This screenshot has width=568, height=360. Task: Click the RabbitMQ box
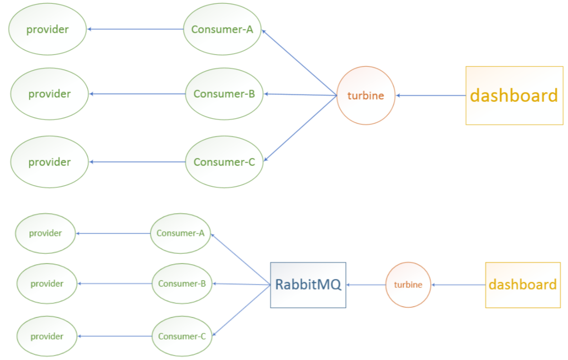[308, 285]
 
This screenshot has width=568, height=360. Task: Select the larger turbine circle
[366, 95]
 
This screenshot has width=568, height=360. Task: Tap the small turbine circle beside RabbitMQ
[408, 285]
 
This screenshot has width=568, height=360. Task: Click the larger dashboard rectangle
[514, 95]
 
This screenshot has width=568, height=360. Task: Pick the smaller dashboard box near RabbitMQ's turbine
[522, 285]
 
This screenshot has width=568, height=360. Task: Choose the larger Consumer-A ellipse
[222, 29]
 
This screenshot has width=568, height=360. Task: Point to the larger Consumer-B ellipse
[224, 94]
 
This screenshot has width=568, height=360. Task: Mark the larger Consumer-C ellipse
[224, 162]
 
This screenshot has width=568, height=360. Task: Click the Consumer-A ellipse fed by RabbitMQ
[180, 233]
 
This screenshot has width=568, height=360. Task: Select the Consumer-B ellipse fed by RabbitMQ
[182, 284]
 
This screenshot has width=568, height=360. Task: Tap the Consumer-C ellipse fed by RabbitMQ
[182, 336]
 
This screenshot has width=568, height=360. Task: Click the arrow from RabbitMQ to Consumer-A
[240, 259]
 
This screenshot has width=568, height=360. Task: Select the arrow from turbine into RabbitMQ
[366, 285]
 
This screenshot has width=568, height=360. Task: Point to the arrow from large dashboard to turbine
[431, 95]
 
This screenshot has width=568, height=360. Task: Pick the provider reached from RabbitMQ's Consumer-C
[46, 336]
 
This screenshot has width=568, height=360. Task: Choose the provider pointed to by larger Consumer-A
[47, 29]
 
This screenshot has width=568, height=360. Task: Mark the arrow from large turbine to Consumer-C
[300, 129]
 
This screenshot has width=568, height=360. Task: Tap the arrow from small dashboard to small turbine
[458, 285]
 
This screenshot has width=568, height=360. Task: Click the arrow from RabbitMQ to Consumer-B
[241, 284]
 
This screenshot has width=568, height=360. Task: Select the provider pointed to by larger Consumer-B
[49, 94]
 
